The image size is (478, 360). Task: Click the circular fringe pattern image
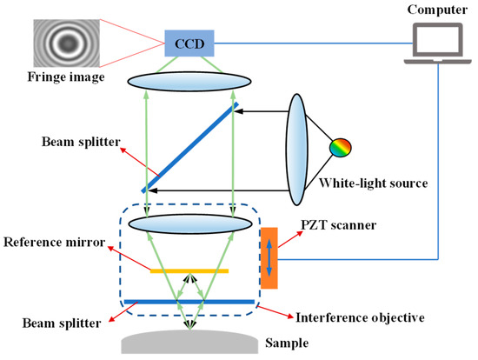[x=63, y=42]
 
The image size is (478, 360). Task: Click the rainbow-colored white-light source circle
[x=336, y=149]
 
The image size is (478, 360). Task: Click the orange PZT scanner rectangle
[x=269, y=257]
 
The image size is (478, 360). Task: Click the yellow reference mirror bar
[x=189, y=270]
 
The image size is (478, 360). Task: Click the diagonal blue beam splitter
[x=189, y=148]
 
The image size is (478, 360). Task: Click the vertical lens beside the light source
[x=298, y=148]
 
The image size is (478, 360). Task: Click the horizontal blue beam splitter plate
[x=189, y=302]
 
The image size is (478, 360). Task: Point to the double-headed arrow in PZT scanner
[x=269, y=257]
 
